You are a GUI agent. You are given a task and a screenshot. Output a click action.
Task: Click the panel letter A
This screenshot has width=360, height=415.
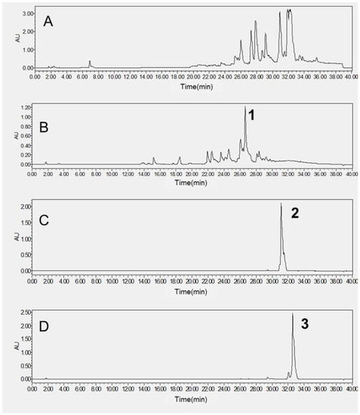(x=47, y=20)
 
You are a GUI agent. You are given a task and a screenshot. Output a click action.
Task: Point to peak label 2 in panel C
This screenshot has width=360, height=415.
(x=296, y=214)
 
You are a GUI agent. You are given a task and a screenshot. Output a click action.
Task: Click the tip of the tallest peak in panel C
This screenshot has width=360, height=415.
(x=281, y=204)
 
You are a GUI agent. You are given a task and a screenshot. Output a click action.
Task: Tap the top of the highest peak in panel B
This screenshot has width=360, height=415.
(x=245, y=108)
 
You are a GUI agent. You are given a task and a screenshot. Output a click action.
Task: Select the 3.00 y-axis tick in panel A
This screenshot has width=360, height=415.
(x=26, y=14)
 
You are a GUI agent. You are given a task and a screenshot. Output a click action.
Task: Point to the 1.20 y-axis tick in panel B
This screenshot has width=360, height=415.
(x=26, y=107)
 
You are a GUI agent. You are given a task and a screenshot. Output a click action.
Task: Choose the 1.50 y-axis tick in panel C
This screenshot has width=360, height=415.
(x=26, y=223)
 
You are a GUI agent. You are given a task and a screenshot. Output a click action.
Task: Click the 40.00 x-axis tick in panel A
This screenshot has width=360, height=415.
(x=352, y=76)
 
